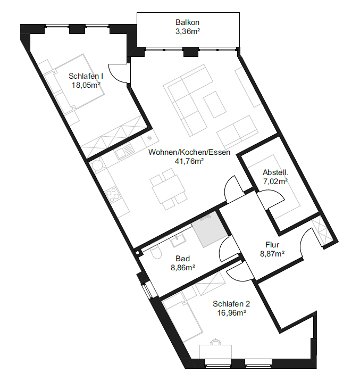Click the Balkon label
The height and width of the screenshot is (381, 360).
click(187, 22)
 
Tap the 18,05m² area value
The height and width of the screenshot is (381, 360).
click(86, 85)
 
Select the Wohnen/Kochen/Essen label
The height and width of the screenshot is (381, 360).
click(189, 152)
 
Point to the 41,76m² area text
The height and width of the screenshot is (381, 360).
click(189, 161)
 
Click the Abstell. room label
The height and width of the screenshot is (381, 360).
click(275, 172)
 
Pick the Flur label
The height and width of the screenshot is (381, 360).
click(272, 244)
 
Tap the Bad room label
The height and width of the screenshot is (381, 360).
click(182, 259)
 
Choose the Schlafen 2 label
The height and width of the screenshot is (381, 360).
click(231, 304)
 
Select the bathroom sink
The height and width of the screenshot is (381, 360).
click(178, 241)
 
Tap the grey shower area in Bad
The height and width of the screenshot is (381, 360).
click(210, 229)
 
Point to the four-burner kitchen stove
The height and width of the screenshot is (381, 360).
click(113, 194)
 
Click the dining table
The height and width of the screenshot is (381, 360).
click(169, 189)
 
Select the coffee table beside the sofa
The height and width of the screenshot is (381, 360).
click(215, 104)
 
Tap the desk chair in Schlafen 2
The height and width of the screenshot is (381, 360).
click(215, 342)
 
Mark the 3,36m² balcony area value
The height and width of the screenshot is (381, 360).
click(187, 31)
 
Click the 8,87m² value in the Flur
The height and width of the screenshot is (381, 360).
click(272, 254)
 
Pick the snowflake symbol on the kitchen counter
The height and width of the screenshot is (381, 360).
click(149, 138)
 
